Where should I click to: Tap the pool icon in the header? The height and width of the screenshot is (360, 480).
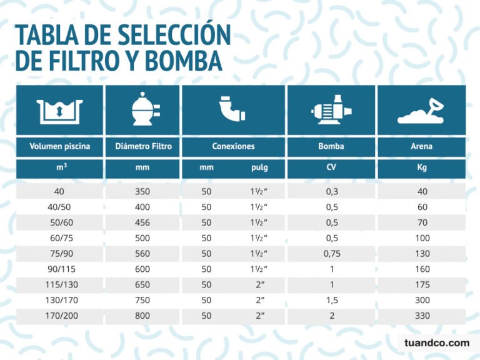click(x=60, y=111)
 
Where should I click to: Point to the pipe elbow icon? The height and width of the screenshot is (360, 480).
click(x=233, y=111)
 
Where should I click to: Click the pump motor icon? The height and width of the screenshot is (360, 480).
click(x=331, y=111)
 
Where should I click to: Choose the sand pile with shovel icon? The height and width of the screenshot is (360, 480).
click(x=422, y=111)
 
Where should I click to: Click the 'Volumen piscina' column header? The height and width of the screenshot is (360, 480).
click(x=60, y=147)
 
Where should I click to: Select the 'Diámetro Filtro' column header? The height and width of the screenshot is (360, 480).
click(x=142, y=147)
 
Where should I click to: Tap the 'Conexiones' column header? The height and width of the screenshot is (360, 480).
click(x=233, y=147)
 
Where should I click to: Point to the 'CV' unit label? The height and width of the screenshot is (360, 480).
click(x=331, y=168)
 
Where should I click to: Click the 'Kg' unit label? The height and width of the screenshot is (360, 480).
click(x=422, y=168)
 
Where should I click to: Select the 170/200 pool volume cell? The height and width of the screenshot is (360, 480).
click(x=60, y=316)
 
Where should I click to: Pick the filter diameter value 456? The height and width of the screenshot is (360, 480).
click(x=142, y=222)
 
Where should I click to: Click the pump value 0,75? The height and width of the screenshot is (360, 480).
click(x=331, y=254)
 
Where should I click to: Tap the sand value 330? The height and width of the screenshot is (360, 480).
click(x=422, y=316)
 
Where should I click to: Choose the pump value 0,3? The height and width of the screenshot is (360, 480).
click(x=331, y=192)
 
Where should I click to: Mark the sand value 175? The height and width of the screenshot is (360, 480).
click(x=422, y=284)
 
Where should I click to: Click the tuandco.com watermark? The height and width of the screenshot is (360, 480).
click(x=437, y=343)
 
